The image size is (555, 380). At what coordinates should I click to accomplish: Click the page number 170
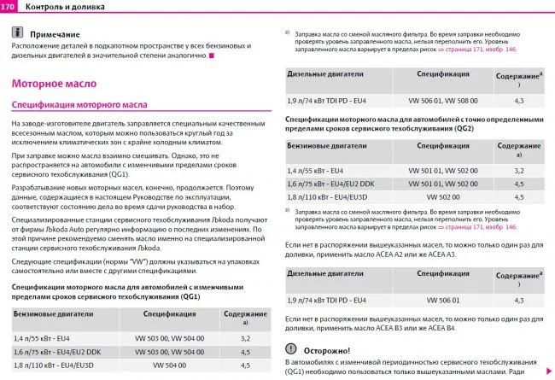[x=11, y=7]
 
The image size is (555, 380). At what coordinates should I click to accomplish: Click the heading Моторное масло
[x=52, y=84]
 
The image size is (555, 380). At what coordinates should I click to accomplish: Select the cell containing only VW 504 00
[x=169, y=365]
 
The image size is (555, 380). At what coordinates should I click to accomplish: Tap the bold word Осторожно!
[x=327, y=350]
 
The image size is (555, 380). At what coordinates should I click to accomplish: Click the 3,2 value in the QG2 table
[x=518, y=171]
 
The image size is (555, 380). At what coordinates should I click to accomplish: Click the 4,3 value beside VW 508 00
[x=518, y=101]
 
